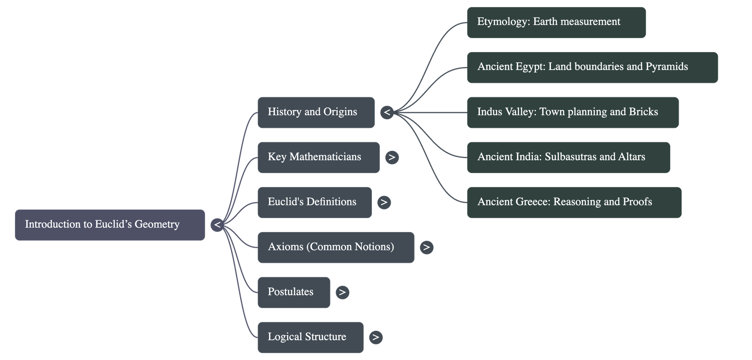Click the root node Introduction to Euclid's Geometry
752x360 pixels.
[110, 225]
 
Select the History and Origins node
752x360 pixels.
[316, 112]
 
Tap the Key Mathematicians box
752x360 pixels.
[318, 157]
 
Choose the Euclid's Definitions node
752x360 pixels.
[314, 202]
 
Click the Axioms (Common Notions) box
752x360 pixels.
[336, 247]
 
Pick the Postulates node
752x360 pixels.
[293, 292]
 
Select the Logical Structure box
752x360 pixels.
[310, 337]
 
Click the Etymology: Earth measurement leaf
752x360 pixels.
[556, 22]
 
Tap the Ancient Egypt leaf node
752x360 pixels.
[592, 67]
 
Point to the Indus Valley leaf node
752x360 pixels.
[572, 112]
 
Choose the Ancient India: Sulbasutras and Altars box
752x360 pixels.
[568, 157]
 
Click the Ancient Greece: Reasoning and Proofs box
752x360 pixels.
[574, 202]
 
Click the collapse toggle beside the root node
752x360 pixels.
[217, 225]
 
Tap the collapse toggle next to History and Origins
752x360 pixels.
[387, 112]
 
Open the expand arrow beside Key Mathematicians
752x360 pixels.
[392, 157]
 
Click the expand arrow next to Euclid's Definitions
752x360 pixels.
[384, 202]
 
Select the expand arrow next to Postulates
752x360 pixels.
[342, 292]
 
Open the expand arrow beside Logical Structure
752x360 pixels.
[376, 337]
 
